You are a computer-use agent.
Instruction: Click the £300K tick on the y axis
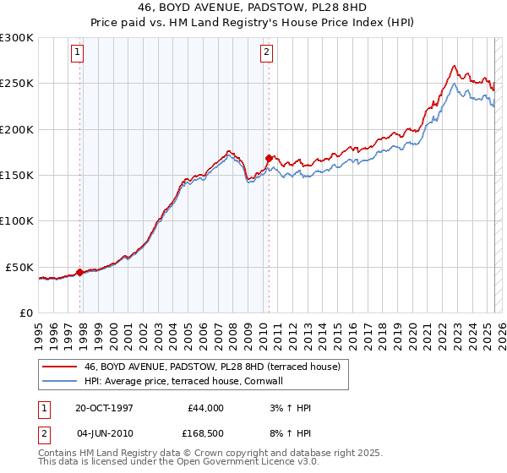tap(17, 38)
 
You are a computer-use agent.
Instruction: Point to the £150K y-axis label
tap(17, 176)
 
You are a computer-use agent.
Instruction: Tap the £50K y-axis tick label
tap(20, 267)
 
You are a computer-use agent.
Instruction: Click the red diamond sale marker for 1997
tap(80, 272)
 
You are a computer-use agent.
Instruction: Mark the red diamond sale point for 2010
tap(269, 158)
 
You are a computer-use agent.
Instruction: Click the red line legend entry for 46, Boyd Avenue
tap(211, 367)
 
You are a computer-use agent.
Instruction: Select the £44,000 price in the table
tap(203, 408)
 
